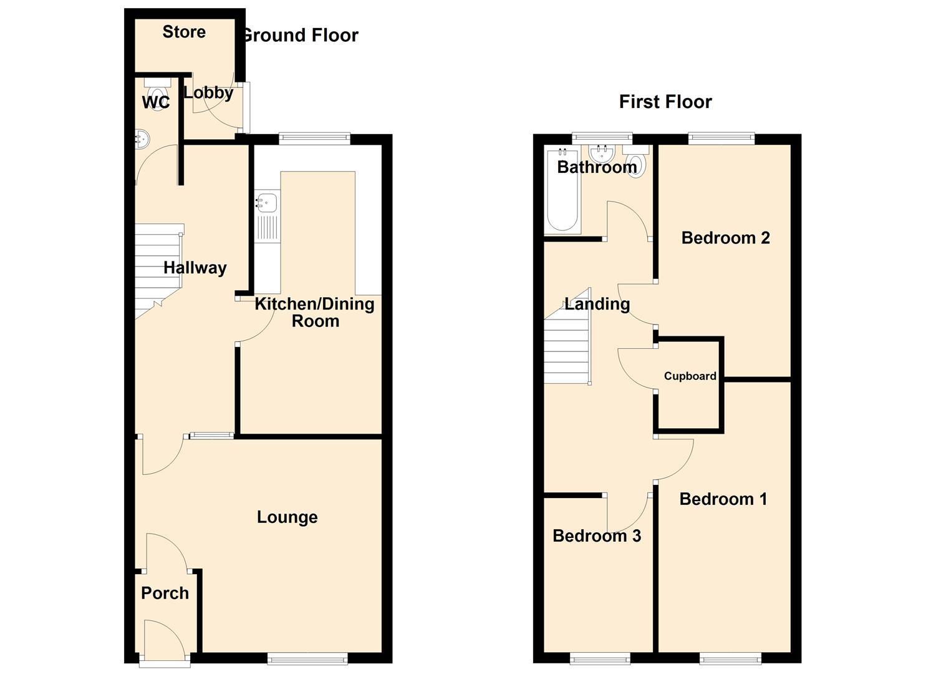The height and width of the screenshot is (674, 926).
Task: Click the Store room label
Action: tap(184, 32)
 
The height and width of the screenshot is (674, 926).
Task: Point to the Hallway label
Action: tap(195, 268)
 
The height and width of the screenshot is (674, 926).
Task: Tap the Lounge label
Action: tap(287, 517)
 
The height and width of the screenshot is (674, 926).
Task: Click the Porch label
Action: tap(165, 593)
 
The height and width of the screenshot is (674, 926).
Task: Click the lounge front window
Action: tap(307, 658)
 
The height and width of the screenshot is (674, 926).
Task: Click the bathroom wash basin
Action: tap(602, 153)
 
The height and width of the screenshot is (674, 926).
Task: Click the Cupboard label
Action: tap(690, 376)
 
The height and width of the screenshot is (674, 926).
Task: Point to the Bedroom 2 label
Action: tap(725, 238)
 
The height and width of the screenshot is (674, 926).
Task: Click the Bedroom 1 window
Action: tap(730, 658)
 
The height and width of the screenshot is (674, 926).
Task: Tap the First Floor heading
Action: tap(665, 102)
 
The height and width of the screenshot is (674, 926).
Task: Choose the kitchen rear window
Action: tap(314, 139)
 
